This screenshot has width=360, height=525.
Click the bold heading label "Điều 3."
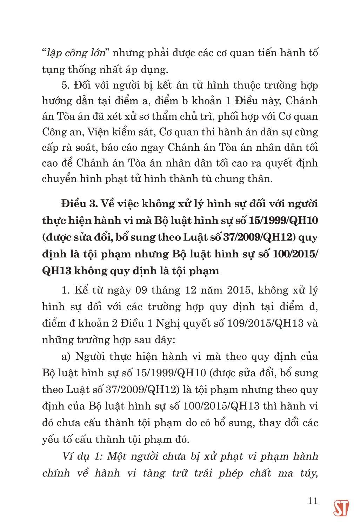[75, 204]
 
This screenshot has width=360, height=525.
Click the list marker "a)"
[66, 357]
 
